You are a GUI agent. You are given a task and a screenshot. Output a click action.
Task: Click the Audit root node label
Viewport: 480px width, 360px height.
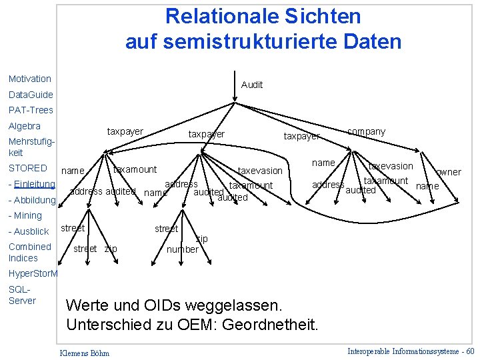252,85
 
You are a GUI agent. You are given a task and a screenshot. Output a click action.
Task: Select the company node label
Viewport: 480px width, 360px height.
366,131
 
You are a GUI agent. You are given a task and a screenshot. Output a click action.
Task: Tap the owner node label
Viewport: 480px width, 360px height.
448,172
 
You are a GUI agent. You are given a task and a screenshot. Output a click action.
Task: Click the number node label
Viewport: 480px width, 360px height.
182,249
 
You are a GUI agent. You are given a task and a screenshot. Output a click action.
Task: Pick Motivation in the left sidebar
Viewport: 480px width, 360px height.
29,79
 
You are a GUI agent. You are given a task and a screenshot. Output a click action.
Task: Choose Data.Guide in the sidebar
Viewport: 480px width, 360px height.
31,95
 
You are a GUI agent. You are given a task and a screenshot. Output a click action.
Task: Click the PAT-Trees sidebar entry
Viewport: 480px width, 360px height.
31,110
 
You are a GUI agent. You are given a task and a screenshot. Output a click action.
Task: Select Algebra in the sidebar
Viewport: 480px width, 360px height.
24,126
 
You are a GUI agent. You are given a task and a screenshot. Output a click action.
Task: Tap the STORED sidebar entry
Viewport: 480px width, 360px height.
27,168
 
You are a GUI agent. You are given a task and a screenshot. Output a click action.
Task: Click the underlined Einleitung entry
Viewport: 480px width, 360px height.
34,184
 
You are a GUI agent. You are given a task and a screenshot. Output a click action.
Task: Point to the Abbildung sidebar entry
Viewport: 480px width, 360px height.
34,200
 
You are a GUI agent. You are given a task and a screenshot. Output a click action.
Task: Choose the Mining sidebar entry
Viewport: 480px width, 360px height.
27,215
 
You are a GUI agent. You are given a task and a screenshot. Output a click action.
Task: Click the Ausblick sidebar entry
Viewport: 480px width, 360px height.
31,231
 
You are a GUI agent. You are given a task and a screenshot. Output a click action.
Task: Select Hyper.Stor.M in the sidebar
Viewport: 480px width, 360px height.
33,273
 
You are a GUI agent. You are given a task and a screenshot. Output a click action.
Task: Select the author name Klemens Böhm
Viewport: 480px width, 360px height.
85,352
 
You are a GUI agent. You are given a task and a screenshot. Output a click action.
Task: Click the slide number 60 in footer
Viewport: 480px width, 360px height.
470,351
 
